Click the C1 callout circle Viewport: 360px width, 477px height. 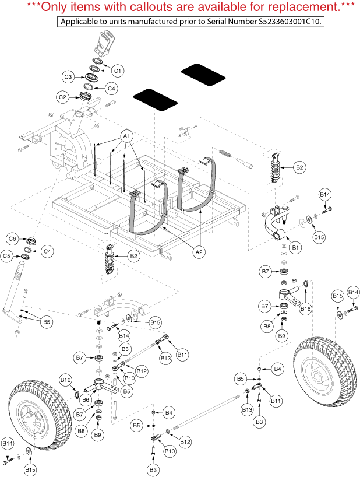(x=118, y=71)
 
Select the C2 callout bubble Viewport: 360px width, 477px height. (x=63, y=97)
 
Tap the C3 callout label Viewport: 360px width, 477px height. (x=68, y=77)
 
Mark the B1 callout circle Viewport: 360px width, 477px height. (x=295, y=248)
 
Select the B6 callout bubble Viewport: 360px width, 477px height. (x=85, y=399)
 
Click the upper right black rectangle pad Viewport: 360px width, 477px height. (x=202, y=75)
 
